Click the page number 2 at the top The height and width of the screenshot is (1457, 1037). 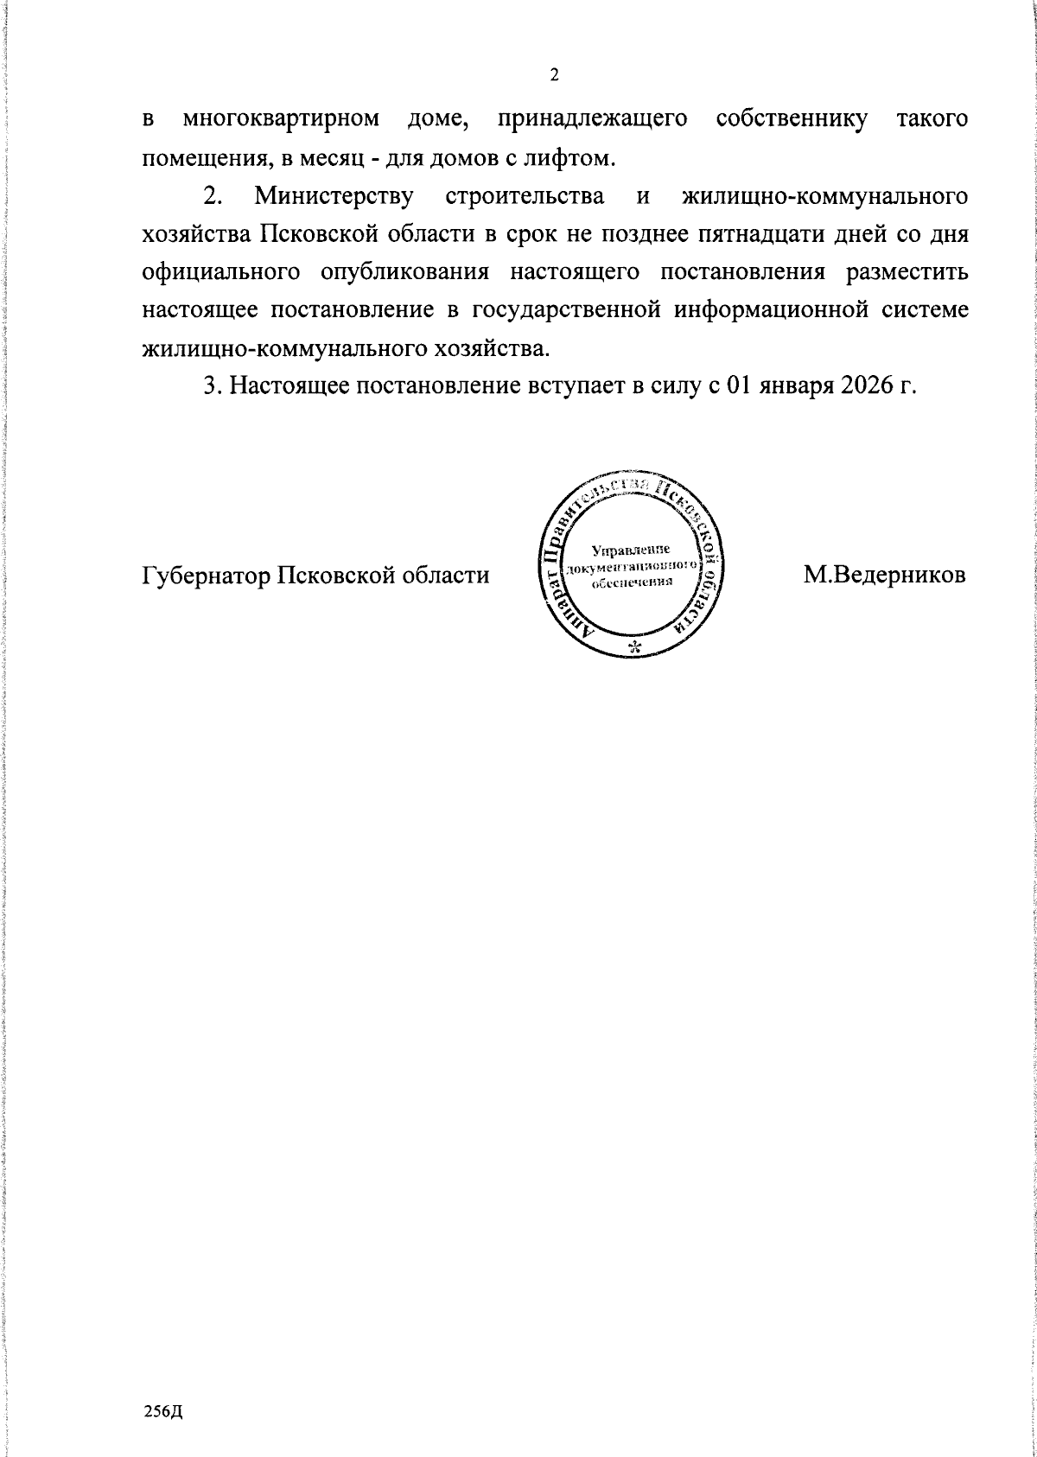coord(554,75)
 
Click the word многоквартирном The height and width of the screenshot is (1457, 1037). coord(281,119)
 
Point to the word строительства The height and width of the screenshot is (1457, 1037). coord(525,197)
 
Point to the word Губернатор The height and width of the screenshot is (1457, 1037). coord(205,575)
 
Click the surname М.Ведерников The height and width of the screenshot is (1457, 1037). coord(884,575)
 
